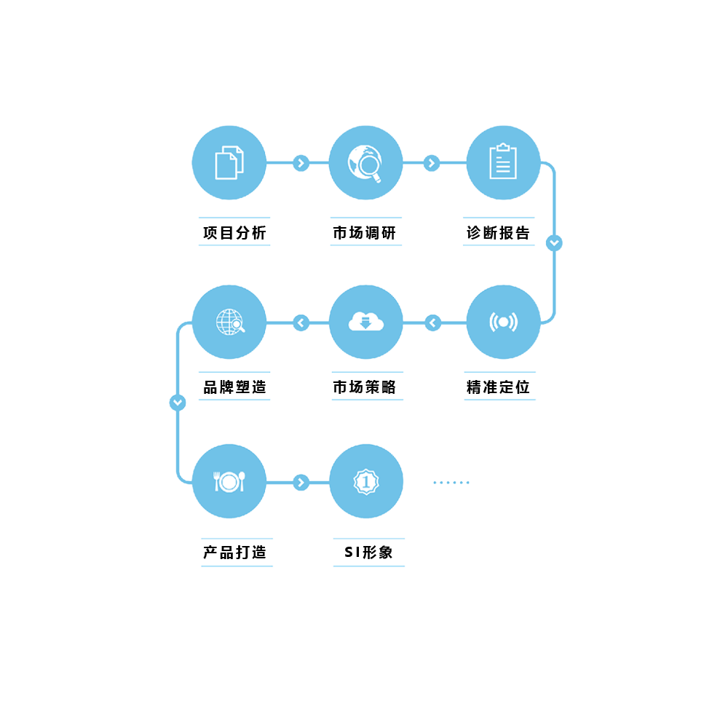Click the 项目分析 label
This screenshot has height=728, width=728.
click(x=234, y=233)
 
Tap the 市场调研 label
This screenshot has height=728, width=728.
click(x=365, y=233)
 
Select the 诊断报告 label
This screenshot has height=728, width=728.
click(x=498, y=233)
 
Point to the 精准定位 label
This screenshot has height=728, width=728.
click(x=498, y=387)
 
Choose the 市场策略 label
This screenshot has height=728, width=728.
click(x=365, y=387)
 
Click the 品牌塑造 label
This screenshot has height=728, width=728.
click(x=234, y=387)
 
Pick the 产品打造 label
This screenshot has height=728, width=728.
click(x=234, y=552)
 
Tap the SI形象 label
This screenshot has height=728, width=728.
click(x=368, y=552)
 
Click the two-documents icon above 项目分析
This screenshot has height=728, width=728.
click(x=229, y=162)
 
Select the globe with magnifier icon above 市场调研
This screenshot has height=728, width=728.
click(x=365, y=163)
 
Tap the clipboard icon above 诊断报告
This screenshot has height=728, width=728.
click(x=503, y=161)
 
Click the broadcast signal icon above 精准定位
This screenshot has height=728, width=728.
click(x=503, y=322)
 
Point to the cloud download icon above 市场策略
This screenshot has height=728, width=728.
click(x=366, y=321)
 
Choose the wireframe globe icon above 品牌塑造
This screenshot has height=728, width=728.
click(x=230, y=322)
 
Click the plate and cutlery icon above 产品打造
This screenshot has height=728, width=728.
click(x=229, y=481)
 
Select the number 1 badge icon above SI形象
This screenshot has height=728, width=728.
click(x=366, y=481)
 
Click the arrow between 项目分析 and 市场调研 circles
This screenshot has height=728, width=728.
click(x=301, y=163)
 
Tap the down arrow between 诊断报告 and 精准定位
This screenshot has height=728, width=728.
click(x=554, y=243)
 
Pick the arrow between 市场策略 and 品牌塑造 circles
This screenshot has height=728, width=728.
click(x=301, y=323)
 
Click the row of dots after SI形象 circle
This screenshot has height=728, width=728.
click(x=451, y=483)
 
